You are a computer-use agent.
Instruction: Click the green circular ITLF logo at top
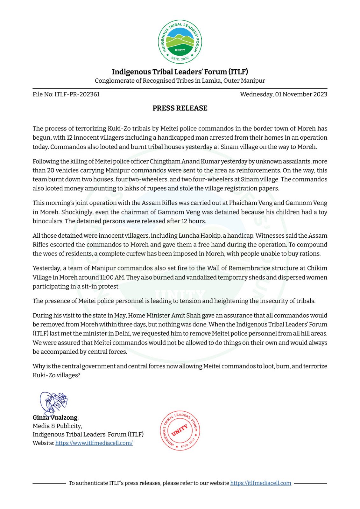tap(180, 42)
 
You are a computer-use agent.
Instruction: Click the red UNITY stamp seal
tap(180, 430)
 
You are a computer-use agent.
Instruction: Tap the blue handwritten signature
tap(53, 403)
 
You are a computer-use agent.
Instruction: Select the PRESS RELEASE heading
tap(180, 108)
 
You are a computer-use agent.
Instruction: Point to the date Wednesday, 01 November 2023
tap(284, 94)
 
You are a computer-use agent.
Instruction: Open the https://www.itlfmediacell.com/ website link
tap(94, 443)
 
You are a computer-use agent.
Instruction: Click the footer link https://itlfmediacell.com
tap(261, 483)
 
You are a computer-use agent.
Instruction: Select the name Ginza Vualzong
tap(55, 417)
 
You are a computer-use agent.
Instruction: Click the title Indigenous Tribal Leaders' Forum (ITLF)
tap(180, 72)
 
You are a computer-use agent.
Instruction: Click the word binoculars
tap(47, 221)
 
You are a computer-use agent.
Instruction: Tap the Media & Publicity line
tap(57, 426)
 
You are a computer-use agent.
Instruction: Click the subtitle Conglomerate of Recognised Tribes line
tap(180, 80)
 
